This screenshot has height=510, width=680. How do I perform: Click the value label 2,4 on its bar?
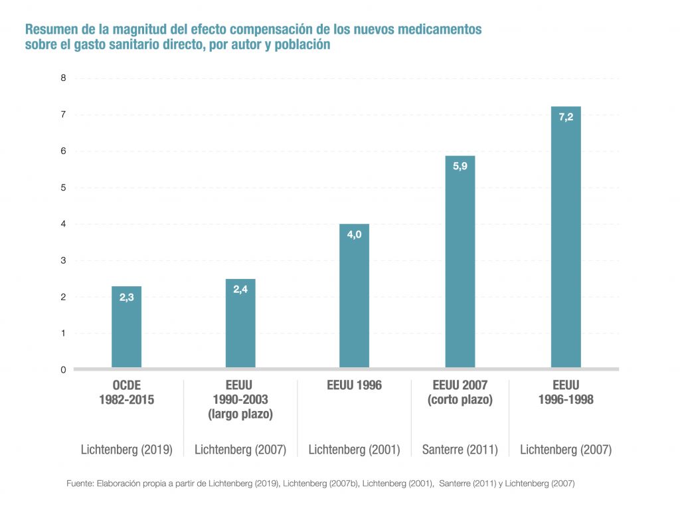[240, 290]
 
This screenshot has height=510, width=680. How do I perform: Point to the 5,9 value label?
[460, 167]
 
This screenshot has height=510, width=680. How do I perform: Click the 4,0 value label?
[354, 235]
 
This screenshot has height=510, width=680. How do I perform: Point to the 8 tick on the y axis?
[64, 78]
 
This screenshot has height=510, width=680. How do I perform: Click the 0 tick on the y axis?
[64, 370]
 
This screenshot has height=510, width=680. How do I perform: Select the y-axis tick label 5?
[64, 187]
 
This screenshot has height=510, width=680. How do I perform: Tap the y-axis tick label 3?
[64, 260]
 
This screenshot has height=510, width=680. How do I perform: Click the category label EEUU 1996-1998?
[566, 392]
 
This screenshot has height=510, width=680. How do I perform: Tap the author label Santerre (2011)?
[460, 450]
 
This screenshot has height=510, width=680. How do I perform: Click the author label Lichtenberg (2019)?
[127, 450]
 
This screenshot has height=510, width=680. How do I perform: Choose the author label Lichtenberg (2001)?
[354, 450]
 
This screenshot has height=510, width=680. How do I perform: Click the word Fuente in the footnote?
[80, 483]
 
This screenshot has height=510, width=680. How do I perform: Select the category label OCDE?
[127, 385]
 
